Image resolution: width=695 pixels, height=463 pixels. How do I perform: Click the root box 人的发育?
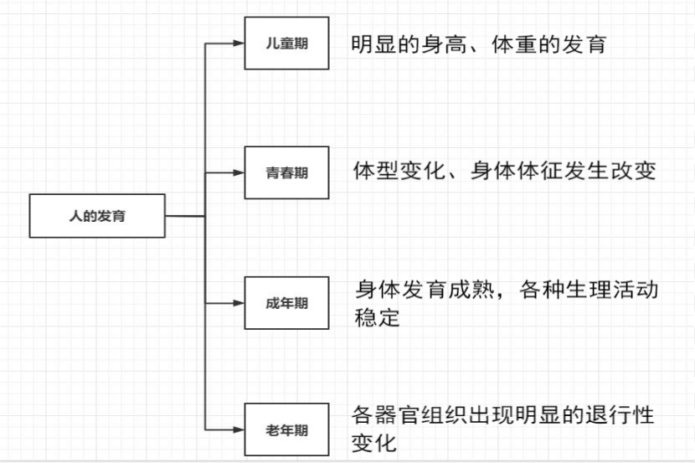[97, 216]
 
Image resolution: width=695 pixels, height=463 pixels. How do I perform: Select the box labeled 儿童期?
[286, 44]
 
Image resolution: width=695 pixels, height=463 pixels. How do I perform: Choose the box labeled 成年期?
[286, 302]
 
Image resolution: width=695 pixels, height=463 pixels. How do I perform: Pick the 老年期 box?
[286, 430]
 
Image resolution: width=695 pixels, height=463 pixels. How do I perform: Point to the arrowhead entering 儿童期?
[239, 44]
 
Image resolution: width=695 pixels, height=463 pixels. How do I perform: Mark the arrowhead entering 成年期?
[239, 302]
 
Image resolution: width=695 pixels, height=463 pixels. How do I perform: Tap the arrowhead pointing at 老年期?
[239, 430]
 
